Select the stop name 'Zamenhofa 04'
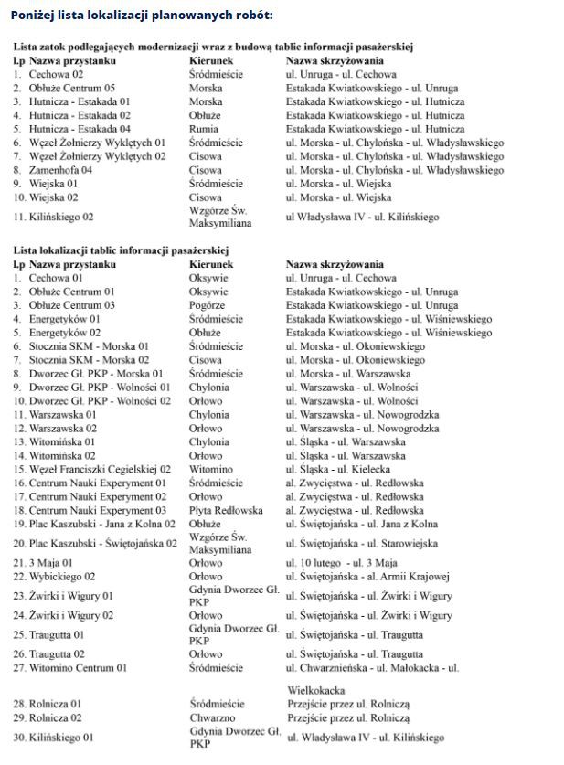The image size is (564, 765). pyautogui.click(x=60, y=170)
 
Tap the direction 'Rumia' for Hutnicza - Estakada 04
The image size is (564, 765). pyautogui.click(x=203, y=130)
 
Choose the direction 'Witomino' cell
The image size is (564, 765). pyautogui.click(x=210, y=469)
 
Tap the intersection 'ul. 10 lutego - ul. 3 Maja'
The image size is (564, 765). pyautogui.click(x=341, y=563)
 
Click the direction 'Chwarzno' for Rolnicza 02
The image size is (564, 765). pyautogui.click(x=211, y=718)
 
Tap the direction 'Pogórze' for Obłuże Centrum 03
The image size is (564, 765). pyautogui.click(x=208, y=305)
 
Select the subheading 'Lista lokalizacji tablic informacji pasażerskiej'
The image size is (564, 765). pyautogui.click(x=121, y=250)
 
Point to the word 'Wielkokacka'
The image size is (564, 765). pyautogui.click(x=315, y=690)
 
